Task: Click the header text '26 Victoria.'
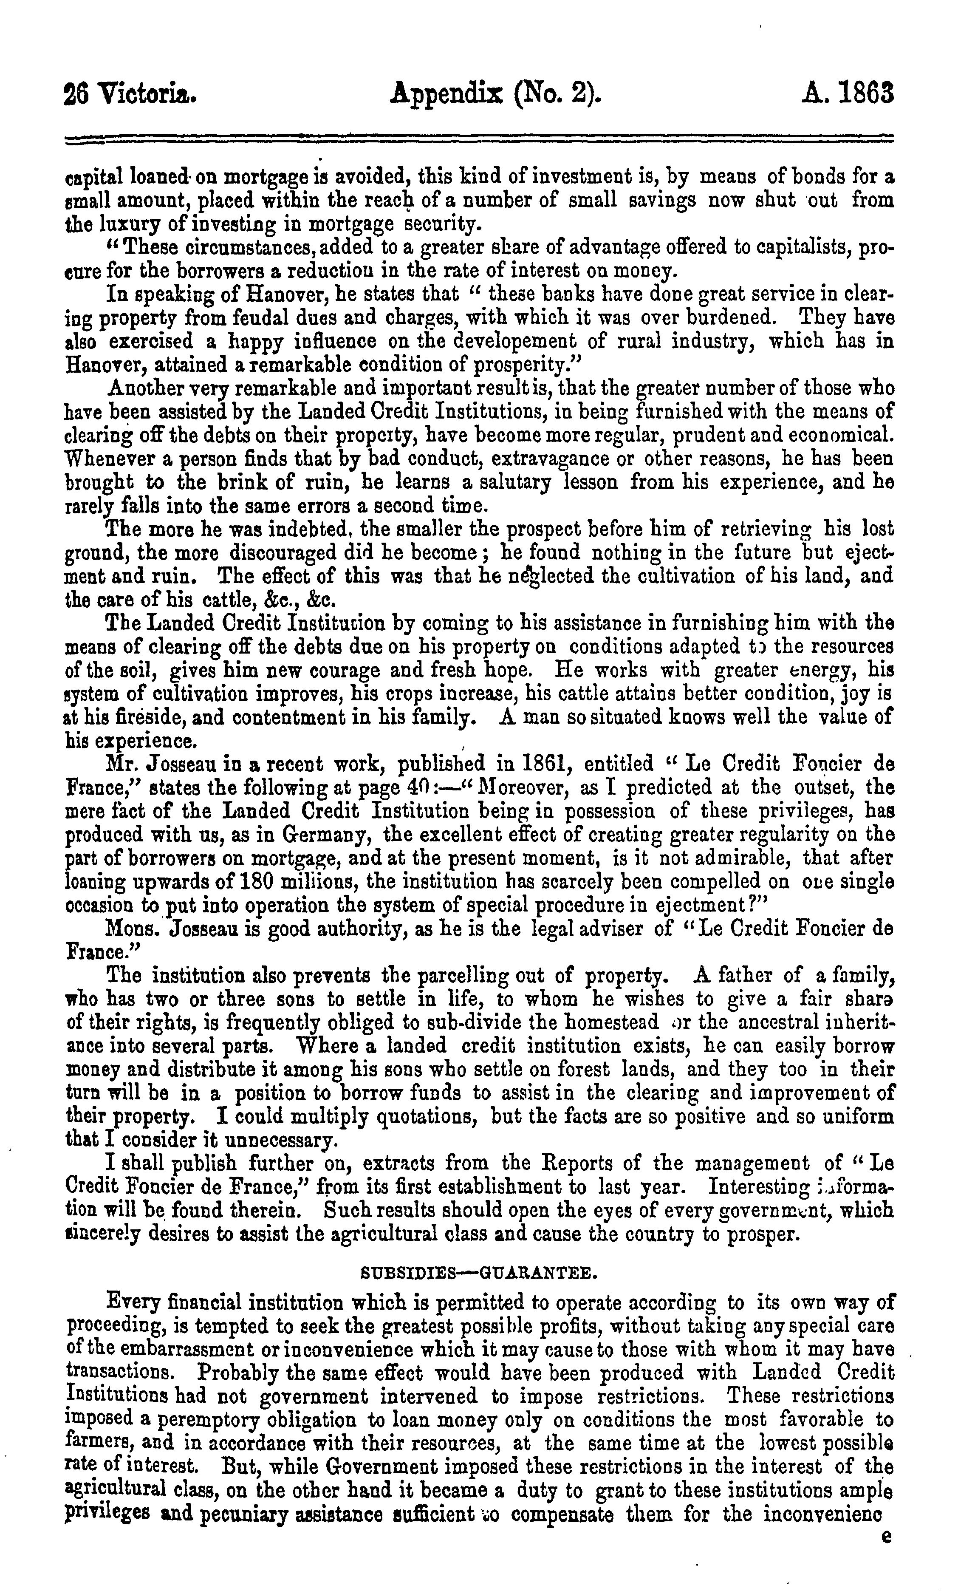tap(130, 96)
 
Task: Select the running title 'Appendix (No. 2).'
tap(497, 96)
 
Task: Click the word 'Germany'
tap(318, 835)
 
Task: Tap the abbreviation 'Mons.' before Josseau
tap(128, 929)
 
